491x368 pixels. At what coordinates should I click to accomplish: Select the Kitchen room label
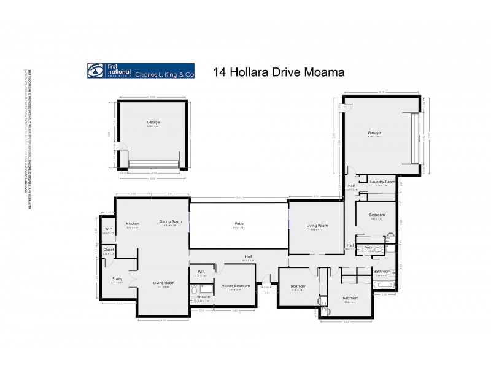tap(133, 224)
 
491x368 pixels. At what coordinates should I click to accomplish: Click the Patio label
tap(238, 224)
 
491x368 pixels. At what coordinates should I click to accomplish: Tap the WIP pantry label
tap(108, 229)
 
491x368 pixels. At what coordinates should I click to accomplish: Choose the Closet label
tap(109, 250)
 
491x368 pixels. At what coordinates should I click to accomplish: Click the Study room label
tap(117, 278)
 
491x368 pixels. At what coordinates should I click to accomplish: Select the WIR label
tap(201, 272)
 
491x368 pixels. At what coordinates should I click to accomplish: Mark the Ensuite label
tap(203, 297)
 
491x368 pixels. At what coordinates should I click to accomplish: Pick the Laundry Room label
tap(381, 182)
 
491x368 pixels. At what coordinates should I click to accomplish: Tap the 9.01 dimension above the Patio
tap(239, 197)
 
